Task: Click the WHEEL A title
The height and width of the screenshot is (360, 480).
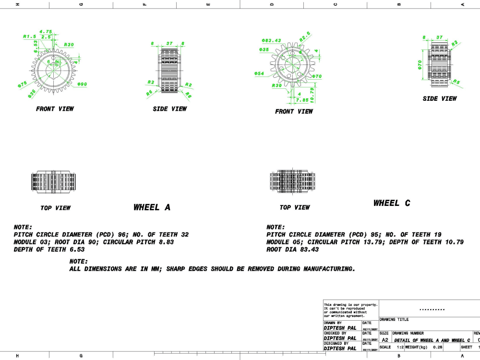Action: [152, 207]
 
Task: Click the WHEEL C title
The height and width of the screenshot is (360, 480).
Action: [392, 203]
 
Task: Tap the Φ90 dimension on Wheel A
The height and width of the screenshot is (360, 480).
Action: [82, 84]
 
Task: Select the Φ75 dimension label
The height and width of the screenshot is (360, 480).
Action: [23, 85]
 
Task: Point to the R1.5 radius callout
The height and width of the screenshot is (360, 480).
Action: [30, 36]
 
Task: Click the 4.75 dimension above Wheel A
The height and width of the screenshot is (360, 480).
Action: [46, 32]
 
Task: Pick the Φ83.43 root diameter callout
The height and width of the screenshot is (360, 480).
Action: [271, 40]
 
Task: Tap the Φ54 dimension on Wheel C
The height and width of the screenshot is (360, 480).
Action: [259, 73]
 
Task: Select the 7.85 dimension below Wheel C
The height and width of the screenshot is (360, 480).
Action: [302, 100]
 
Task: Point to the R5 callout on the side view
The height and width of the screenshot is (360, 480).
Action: [456, 83]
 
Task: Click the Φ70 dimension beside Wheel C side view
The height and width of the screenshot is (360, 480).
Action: [419, 64]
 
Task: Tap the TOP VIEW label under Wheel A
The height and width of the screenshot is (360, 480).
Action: [56, 208]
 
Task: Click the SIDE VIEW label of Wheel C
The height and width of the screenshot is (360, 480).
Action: [440, 98]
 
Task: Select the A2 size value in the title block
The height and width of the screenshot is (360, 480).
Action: [385, 339]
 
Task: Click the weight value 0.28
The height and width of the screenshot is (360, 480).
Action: [437, 347]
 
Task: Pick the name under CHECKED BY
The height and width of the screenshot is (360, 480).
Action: [340, 338]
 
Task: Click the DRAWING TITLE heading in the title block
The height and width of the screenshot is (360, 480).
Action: [394, 319]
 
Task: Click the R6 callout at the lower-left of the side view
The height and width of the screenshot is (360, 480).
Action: [150, 93]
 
